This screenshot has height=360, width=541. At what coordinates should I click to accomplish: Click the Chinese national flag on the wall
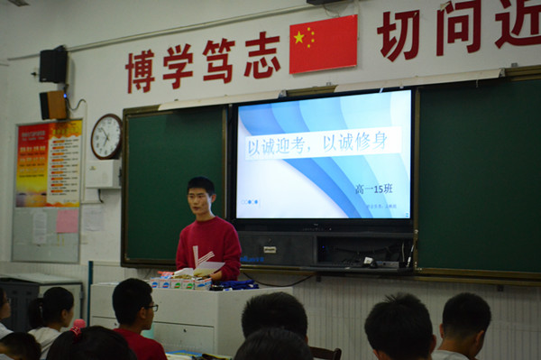tap(323, 43)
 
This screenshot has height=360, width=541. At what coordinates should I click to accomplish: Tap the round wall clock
tap(106, 136)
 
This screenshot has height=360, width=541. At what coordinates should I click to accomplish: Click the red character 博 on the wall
tap(141, 70)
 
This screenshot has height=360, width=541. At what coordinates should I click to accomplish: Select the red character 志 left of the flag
tap(261, 56)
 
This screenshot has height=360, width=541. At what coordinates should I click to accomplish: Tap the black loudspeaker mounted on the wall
tap(53, 65)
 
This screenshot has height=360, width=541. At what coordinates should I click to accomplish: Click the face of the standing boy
tap(201, 199)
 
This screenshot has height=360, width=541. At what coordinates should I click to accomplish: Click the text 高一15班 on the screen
tap(374, 189)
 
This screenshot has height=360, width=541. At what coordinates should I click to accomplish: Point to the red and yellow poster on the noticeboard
tap(49, 163)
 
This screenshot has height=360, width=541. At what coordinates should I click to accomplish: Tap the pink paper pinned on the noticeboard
tap(68, 221)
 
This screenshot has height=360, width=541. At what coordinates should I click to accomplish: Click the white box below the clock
tap(102, 173)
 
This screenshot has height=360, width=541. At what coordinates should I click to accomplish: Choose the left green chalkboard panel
tap(173, 184)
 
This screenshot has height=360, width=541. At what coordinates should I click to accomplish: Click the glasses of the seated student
tap(151, 308)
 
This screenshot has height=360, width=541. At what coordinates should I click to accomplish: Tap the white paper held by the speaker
tap(210, 266)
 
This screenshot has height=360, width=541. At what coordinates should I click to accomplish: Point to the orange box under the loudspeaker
tap(54, 105)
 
